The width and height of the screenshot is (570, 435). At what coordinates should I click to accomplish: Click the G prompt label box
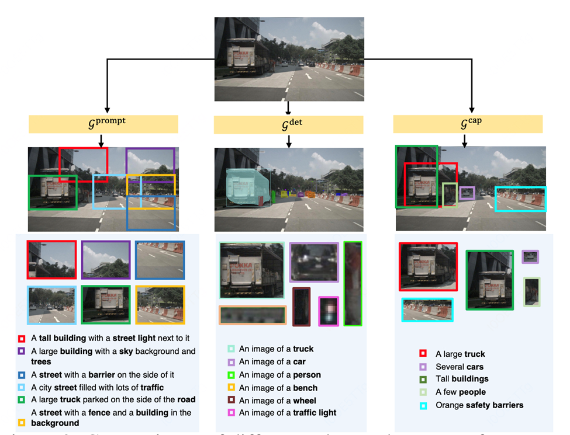pyautogui.click(x=103, y=124)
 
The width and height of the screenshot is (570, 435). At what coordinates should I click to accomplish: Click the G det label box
pyautogui.click(x=288, y=124)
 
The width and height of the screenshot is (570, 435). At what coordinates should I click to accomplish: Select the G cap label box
pyautogui.click(x=468, y=124)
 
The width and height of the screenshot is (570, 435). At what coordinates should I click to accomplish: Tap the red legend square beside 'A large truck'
pyautogui.click(x=423, y=353)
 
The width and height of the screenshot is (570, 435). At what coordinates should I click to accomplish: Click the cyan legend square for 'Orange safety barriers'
pyautogui.click(x=423, y=405)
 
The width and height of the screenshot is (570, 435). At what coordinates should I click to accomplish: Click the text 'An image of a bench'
pyautogui.click(x=278, y=387)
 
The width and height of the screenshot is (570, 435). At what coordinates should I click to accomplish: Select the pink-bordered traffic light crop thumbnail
pyautogui.click(x=329, y=311)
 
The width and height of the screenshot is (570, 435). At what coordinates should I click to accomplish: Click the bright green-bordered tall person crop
pyautogui.click(x=353, y=284)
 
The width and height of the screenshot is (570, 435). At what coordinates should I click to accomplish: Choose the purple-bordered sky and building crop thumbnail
pyautogui.click(x=106, y=260)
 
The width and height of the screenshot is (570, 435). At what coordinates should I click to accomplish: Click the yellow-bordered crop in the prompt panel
pyautogui.click(x=160, y=305)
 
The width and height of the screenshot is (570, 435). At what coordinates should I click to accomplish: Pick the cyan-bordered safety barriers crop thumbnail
pyautogui.click(x=427, y=309)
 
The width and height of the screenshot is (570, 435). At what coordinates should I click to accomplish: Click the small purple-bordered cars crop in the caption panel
pyautogui.click(x=530, y=257)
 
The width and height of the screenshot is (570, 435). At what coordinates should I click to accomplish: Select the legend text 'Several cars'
pyautogui.click(x=460, y=367)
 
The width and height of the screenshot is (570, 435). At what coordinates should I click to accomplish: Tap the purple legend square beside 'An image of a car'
pyautogui.click(x=231, y=361)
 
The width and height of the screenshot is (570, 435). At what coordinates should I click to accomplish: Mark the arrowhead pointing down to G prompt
pyautogui.click(x=107, y=109)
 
